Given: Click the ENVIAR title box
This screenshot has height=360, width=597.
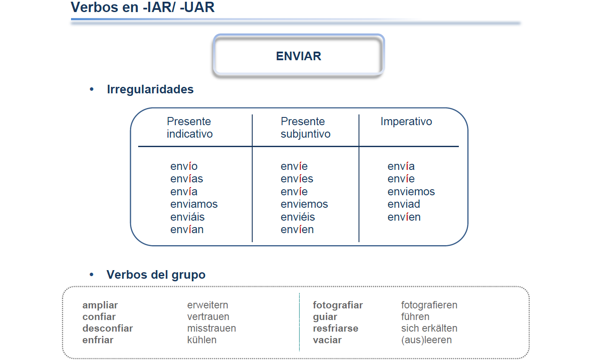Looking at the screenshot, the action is pos(299,55).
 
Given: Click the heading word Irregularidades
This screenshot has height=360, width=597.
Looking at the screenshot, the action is pos(150,89).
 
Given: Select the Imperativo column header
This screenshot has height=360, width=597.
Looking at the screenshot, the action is pos(406,122).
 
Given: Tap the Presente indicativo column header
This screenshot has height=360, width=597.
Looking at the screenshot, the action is pos(189,128).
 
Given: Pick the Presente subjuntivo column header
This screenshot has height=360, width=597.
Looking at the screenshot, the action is pos(306,128).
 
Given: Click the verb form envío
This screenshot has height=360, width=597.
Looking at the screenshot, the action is pos(184,166).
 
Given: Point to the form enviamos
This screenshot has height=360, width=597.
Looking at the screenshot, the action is pos(194,204).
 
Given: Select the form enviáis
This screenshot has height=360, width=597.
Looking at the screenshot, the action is pos(187,217).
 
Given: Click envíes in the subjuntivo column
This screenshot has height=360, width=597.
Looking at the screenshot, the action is pos(297,178).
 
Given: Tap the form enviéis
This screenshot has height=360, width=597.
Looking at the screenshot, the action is pos(298,217).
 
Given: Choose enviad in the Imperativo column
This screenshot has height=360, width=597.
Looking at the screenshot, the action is pos(404,204).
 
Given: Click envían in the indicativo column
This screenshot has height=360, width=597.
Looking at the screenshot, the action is pos(187,230).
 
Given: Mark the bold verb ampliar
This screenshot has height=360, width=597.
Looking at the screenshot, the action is pos(100,305).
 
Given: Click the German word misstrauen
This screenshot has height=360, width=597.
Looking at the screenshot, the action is pos(211,328).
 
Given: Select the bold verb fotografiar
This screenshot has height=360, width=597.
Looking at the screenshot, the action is pos(338,305).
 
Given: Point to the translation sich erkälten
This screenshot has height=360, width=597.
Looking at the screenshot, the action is pos(429,328).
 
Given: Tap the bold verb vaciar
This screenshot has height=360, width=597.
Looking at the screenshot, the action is pos(327,340).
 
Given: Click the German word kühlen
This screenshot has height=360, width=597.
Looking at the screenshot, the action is pos(202,340).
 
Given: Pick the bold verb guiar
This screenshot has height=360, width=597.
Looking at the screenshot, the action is pos(325,317).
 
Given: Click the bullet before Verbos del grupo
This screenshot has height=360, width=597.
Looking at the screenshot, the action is pos(92,274).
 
